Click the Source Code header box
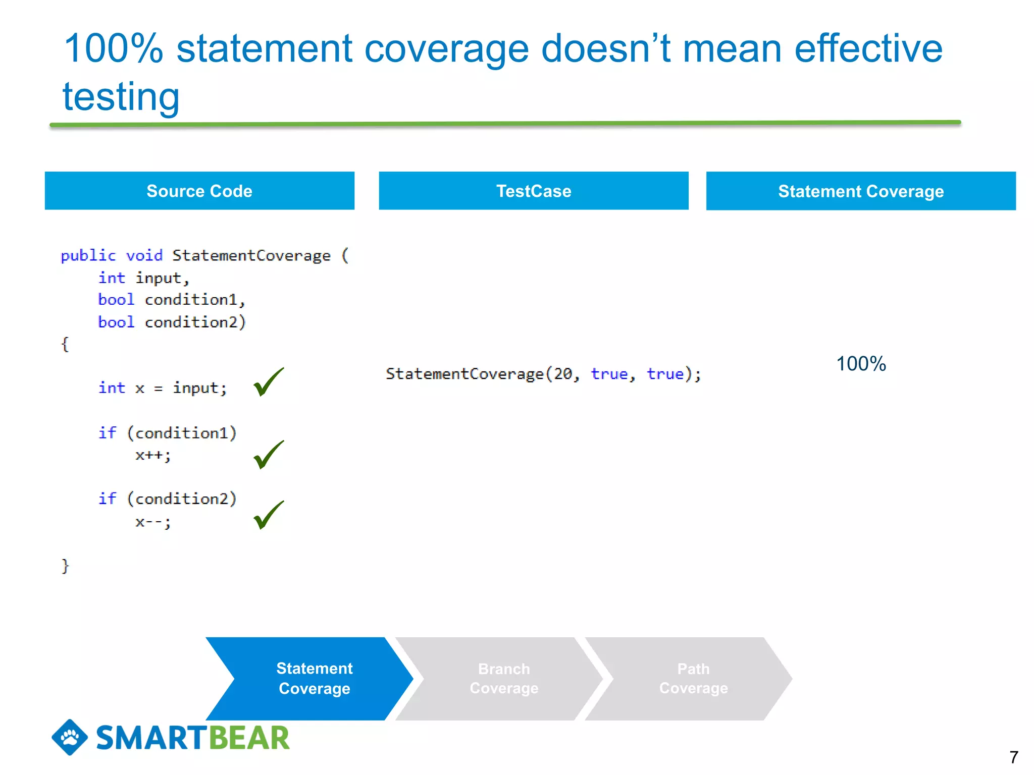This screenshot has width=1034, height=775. point(199,191)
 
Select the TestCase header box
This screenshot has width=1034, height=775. point(533,191)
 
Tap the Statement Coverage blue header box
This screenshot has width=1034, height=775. point(860,191)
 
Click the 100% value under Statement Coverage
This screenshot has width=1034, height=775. point(860,364)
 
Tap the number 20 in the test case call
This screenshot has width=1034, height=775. point(563,374)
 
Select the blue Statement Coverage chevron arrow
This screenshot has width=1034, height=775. point(314,678)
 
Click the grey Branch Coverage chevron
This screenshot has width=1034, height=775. point(504,678)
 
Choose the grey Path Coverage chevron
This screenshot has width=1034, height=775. point(693,678)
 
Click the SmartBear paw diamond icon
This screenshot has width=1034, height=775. point(70,737)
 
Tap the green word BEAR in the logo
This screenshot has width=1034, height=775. point(249,738)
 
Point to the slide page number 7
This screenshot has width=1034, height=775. point(1013,757)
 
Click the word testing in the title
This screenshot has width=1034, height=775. point(121,96)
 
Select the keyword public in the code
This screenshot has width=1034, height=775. point(88,255)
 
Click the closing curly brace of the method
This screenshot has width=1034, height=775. point(65,566)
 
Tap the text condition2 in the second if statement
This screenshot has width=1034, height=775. point(182,499)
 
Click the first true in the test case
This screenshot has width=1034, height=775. point(609,374)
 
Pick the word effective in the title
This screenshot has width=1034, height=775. point(868,48)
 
